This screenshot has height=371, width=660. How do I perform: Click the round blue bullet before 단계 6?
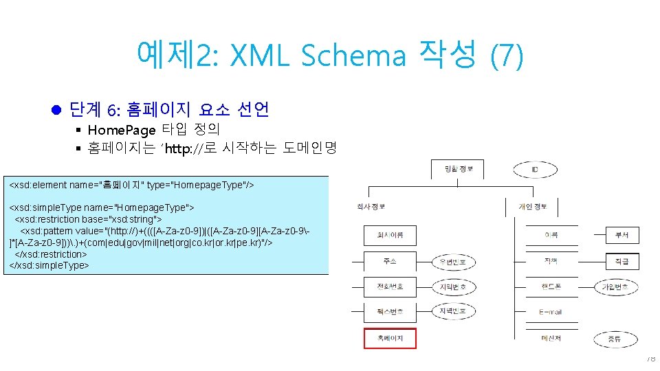[x=57, y=109]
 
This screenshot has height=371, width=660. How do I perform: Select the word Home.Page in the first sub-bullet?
[x=122, y=129]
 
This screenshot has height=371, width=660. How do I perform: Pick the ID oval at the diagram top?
[x=534, y=170]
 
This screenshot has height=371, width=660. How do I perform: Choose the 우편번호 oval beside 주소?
[x=452, y=262]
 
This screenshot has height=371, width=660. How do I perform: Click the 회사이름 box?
[x=389, y=236]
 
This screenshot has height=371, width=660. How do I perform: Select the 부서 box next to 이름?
[x=621, y=236]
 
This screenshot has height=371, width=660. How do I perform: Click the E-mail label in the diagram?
[x=550, y=312]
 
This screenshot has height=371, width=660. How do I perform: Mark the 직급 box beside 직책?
[x=621, y=262]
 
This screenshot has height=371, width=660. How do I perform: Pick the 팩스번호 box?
[x=389, y=312]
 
